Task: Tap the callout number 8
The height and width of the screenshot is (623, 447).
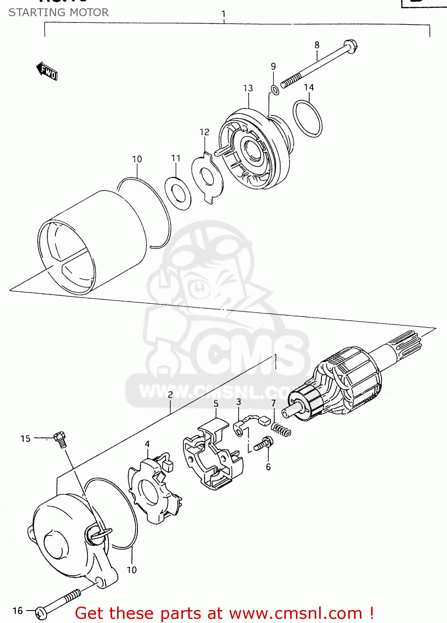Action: [x=317, y=45]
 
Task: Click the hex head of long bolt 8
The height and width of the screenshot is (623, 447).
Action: [x=351, y=46]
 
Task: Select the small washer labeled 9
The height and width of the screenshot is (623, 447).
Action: [x=274, y=89]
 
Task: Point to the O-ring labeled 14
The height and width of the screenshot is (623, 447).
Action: [x=308, y=118]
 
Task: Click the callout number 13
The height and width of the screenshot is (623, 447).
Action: [x=248, y=88]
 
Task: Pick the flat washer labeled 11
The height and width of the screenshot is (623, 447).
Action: [x=178, y=193]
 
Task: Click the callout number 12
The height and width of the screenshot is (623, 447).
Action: [x=204, y=132]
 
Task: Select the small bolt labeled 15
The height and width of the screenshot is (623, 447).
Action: [x=60, y=439]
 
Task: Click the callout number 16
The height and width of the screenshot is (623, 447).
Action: [x=17, y=611]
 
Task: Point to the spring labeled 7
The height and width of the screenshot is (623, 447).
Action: [x=281, y=429]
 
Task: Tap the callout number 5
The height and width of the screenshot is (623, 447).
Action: [x=216, y=404]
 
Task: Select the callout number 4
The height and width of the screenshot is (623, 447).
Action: [x=147, y=444]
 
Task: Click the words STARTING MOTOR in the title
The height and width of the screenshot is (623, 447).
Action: [x=59, y=12]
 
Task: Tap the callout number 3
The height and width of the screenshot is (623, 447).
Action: [x=239, y=402]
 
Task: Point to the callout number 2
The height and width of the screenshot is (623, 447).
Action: [x=170, y=395]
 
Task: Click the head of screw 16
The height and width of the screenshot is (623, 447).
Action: [x=41, y=612]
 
